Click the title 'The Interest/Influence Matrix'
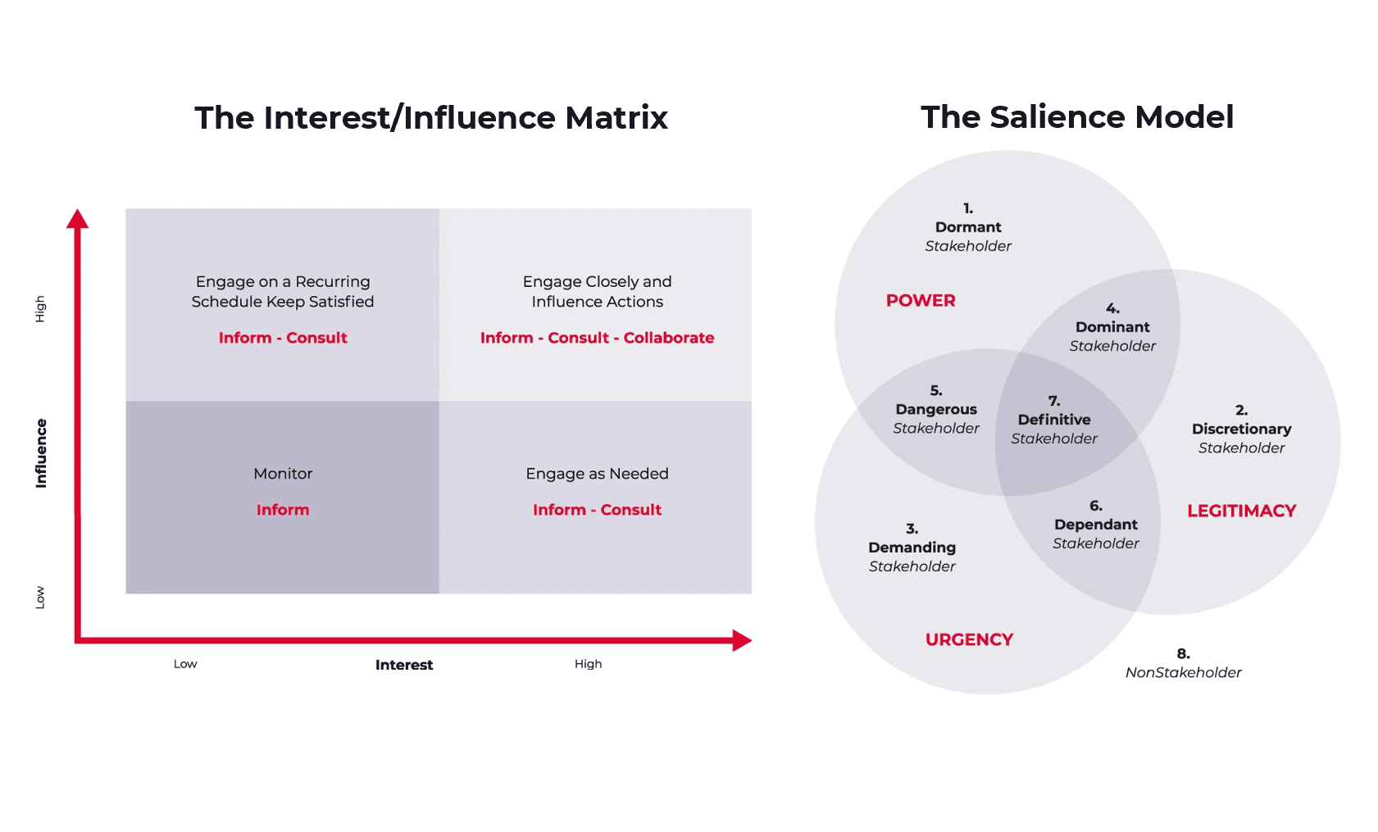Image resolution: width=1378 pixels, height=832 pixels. click(x=431, y=117)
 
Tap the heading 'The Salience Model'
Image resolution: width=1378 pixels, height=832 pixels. click(x=1077, y=117)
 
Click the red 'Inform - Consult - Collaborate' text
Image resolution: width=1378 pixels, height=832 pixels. click(x=597, y=338)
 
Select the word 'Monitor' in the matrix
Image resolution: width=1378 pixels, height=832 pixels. click(x=283, y=474)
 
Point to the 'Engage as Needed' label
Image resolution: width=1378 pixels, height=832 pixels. click(x=597, y=474)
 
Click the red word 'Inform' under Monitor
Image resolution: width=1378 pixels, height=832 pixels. click(x=283, y=510)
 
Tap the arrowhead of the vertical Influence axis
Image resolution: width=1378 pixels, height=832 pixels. click(x=78, y=219)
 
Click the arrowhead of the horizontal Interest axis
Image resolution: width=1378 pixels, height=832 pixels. click(x=742, y=640)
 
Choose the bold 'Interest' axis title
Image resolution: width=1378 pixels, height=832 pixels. click(x=404, y=665)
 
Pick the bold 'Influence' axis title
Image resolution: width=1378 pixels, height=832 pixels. click(x=41, y=453)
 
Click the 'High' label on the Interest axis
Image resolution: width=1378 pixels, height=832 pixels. click(x=588, y=664)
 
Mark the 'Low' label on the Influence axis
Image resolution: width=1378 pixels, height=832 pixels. click(x=40, y=597)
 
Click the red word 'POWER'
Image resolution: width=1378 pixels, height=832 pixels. click(x=921, y=301)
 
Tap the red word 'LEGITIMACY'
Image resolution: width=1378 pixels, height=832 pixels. click(x=1241, y=511)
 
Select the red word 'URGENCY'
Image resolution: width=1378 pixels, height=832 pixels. click(x=969, y=639)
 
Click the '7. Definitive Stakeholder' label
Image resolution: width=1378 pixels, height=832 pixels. click(x=1054, y=420)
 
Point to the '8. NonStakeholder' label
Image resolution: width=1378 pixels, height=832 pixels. click(x=1183, y=663)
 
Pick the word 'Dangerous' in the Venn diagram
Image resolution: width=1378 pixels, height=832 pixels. click(x=935, y=410)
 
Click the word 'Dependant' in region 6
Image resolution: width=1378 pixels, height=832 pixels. click(x=1096, y=525)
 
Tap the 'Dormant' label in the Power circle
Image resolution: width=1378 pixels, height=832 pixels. click(x=967, y=227)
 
